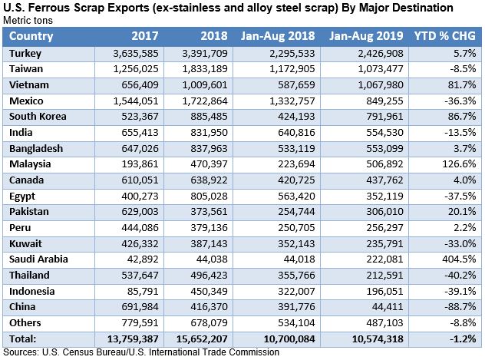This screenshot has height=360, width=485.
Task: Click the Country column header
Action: [x=32, y=36]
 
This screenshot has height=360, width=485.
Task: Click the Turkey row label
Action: [x=26, y=53]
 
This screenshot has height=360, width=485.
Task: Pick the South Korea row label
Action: [x=38, y=117]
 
